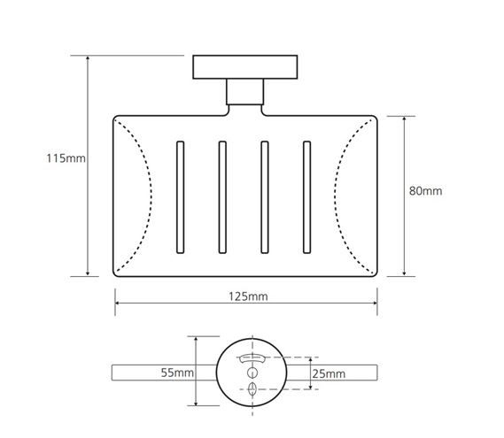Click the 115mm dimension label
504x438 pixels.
coord(66,158)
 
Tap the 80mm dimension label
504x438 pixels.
coord(425,191)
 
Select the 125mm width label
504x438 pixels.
coord(248,296)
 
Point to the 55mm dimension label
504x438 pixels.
coord(177,373)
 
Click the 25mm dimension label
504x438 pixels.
coord(329,373)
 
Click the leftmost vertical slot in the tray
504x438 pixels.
coord(181,197)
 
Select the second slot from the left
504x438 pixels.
coord(222,197)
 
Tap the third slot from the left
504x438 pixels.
coord(265,197)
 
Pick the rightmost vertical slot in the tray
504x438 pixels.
coord(307,197)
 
